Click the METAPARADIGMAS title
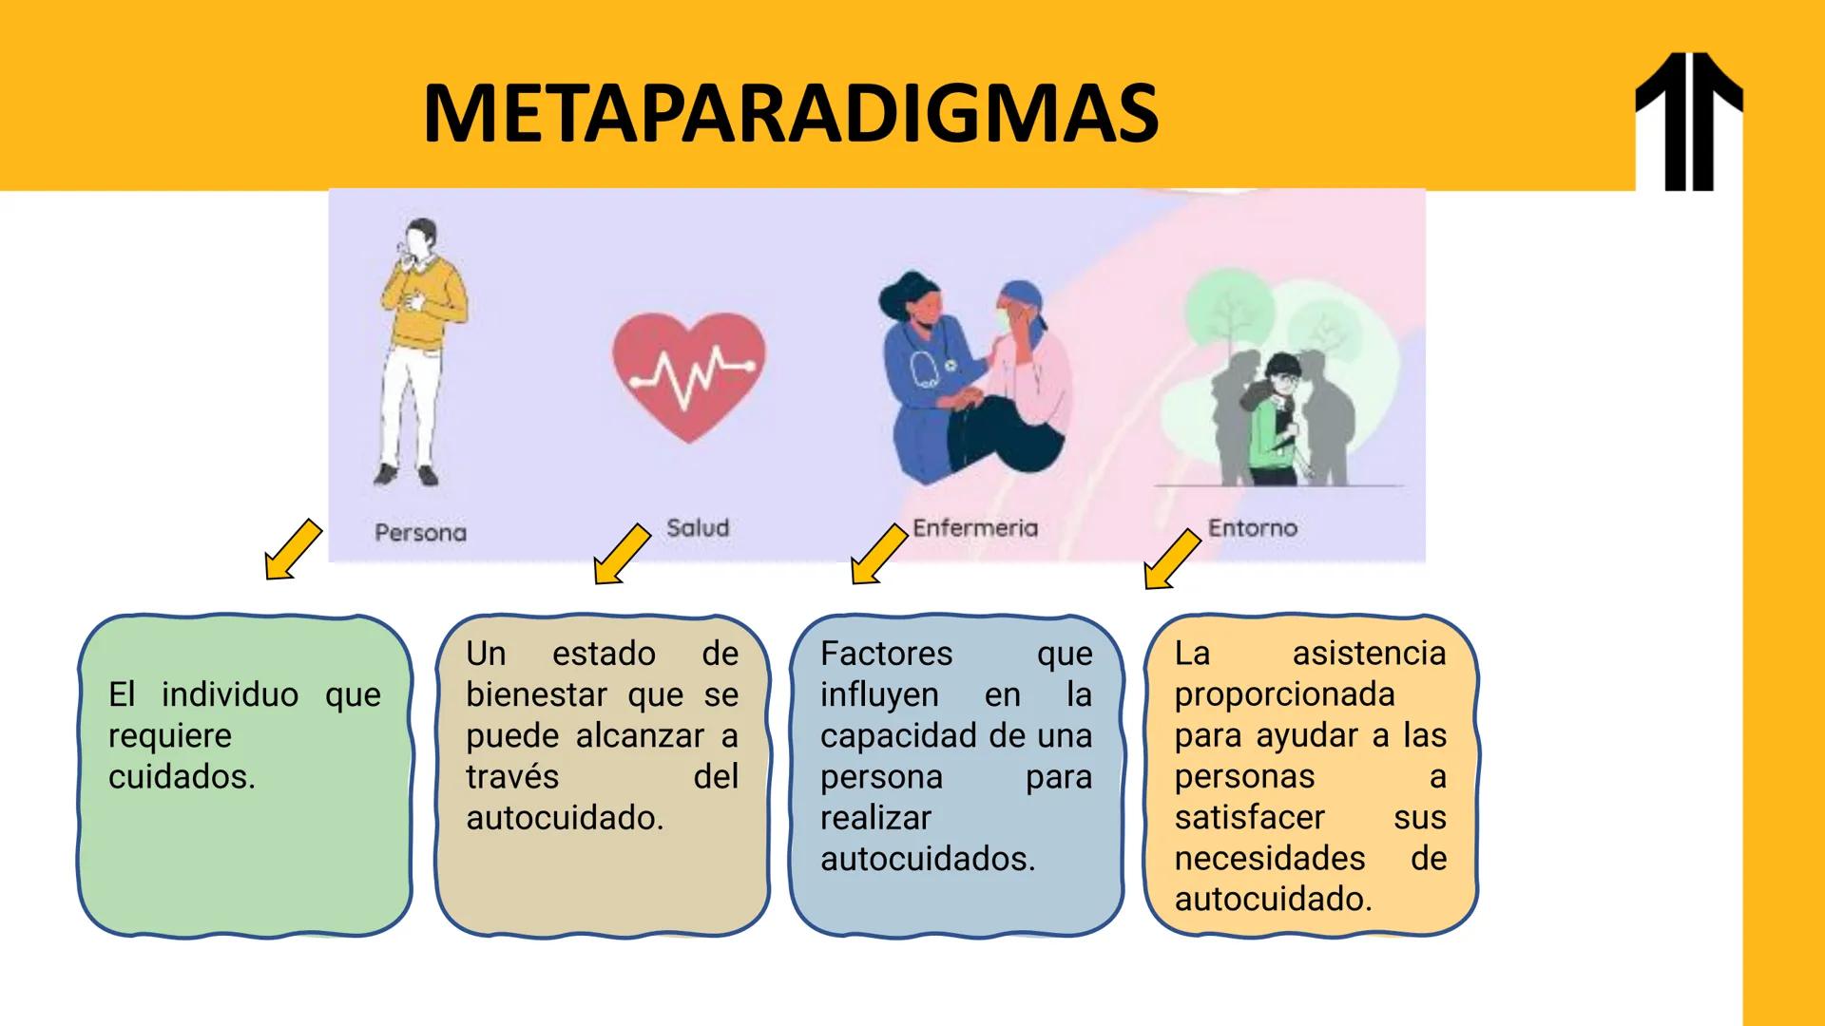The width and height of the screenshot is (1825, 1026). pyautogui.click(x=790, y=113)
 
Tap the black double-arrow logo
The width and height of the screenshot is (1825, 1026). pyautogui.click(x=1688, y=122)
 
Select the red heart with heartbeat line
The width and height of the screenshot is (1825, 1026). pyautogui.click(x=688, y=377)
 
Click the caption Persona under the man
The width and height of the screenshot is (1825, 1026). pyautogui.click(x=421, y=533)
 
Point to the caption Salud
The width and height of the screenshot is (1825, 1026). pyautogui.click(x=698, y=528)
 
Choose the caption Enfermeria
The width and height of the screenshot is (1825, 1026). pyautogui.click(x=974, y=528)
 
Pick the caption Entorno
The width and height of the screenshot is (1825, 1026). pyautogui.click(x=1252, y=528)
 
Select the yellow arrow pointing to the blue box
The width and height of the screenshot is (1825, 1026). pyautogui.click(x=878, y=554)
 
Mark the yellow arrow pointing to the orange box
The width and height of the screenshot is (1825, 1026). pyautogui.click(x=1171, y=560)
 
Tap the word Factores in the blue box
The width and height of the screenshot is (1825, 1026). pyautogui.click(x=886, y=654)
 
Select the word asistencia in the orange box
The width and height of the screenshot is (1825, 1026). pyautogui.click(x=1369, y=654)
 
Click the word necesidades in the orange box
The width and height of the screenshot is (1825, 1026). pyautogui.click(x=1270, y=859)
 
